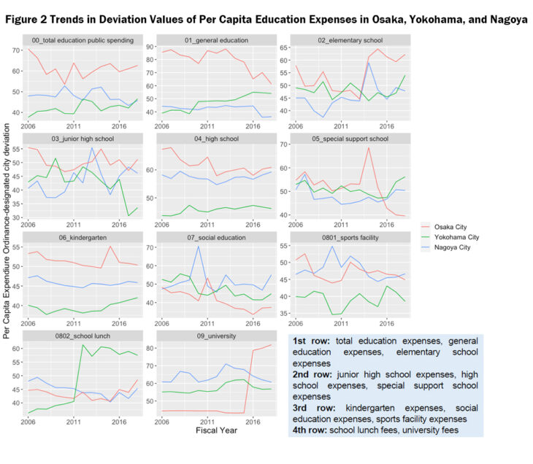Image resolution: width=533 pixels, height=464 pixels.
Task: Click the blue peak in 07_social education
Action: pyautogui.click(x=198, y=246)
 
